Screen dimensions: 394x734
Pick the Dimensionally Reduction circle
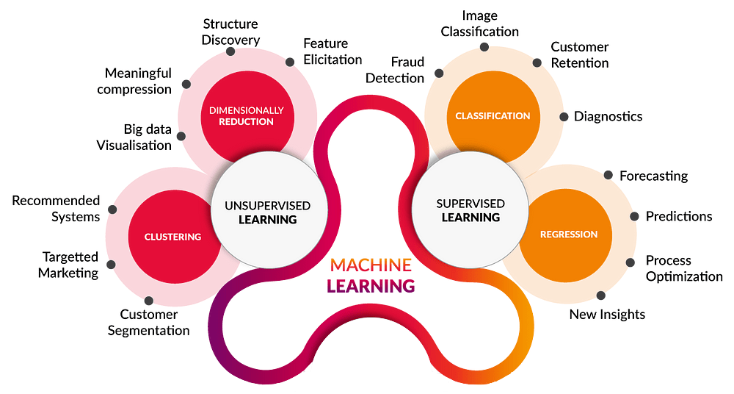[x=246, y=115]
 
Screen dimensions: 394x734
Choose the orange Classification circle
[x=492, y=115]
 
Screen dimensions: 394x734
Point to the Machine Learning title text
[x=371, y=275]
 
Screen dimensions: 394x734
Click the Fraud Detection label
[x=396, y=70]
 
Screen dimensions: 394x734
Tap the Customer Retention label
[x=580, y=55]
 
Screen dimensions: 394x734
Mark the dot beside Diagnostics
[x=564, y=116]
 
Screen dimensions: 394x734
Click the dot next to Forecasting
[x=608, y=175]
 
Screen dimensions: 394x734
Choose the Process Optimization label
[x=684, y=268]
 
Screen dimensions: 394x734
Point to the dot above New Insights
[x=601, y=295]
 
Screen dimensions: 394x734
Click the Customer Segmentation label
[x=149, y=323]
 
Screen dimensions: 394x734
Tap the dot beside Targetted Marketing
[x=112, y=265]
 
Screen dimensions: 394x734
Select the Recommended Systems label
[x=56, y=208]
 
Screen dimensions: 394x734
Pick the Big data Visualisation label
[x=134, y=137]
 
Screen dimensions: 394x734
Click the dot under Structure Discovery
[x=230, y=52]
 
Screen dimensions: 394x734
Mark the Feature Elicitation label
[x=333, y=51]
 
